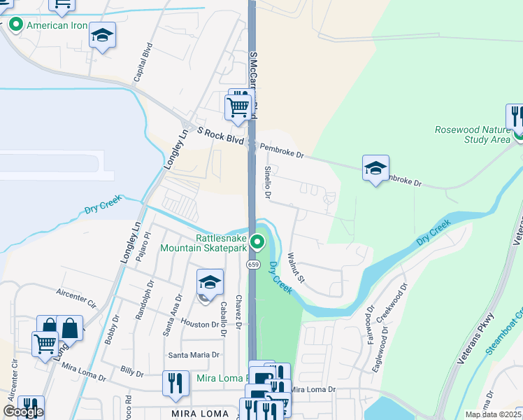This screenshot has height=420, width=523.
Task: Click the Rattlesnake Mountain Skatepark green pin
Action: click(x=257, y=242)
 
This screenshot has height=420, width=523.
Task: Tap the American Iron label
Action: click(x=57, y=26)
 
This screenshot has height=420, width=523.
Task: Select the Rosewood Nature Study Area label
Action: click(x=473, y=134)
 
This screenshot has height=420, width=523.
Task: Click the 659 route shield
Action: click(x=253, y=264)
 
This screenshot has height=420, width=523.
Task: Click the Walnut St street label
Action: click(x=296, y=269)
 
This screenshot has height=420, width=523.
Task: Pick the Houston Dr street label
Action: click(x=200, y=325)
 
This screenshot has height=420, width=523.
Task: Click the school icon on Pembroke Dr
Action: click(x=375, y=169)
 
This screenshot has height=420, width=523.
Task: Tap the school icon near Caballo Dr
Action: click(x=210, y=283)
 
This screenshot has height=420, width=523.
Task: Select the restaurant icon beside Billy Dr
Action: click(x=175, y=382)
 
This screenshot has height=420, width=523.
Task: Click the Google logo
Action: click(x=23, y=412)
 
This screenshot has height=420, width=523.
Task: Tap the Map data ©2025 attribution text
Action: click(x=493, y=414)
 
